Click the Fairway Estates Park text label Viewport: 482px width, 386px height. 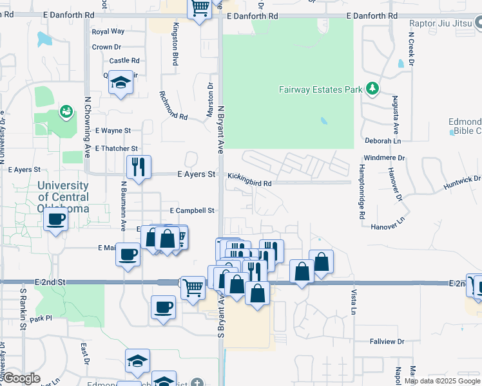[x=320, y=89]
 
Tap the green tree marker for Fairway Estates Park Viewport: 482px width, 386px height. [x=372, y=89]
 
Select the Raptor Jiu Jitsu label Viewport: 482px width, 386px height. [x=441, y=23]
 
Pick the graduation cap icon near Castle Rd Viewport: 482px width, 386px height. [x=120, y=82]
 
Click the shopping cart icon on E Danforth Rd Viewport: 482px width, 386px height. [x=200, y=8]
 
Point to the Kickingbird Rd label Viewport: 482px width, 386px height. [x=249, y=183]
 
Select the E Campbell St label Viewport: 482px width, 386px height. [x=191, y=210]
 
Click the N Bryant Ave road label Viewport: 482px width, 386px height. [x=220, y=129]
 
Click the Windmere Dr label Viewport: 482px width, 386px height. [x=384, y=158]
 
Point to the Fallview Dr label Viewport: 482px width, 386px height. [x=387, y=342]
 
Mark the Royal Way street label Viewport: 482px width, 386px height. [x=108, y=31]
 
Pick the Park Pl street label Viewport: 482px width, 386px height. [x=40, y=318]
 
